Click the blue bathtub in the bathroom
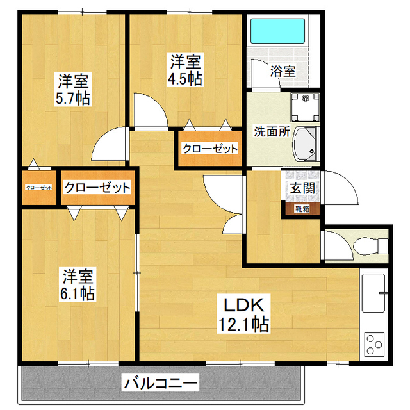[277, 31]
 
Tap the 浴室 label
[283, 71]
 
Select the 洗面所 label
[272, 131]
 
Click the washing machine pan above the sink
[305, 107]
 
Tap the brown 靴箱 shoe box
[302, 209]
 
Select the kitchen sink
[373, 293]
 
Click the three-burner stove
[374, 345]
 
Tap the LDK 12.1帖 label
[243, 315]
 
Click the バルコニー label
[161, 383]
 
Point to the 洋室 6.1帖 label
[78, 284]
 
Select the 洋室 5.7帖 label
[73, 89]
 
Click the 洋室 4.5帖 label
[185, 70]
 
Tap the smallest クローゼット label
[39, 188]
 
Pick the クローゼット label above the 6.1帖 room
[97, 187]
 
